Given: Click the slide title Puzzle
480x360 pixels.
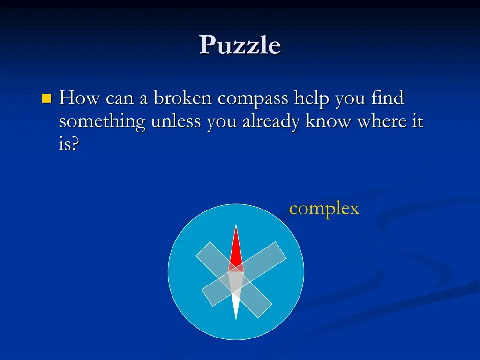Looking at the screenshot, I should click(x=240, y=45).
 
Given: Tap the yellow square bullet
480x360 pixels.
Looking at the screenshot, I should click(x=46, y=98).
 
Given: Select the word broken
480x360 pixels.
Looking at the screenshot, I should click(x=183, y=98).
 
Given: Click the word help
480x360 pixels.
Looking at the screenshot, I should click(x=312, y=99).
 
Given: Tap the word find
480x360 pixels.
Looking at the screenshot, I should click(x=387, y=98).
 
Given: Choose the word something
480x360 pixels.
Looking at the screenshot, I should click(x=102, y=121).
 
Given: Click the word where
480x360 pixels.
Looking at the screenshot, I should click(x=382, y=121).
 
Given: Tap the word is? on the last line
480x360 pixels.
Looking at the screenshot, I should click(x=69, y=144).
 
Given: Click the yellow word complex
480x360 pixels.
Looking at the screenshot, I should click(x=324, y=209).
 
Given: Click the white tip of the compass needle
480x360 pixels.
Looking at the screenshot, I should click(x=236, y=312).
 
